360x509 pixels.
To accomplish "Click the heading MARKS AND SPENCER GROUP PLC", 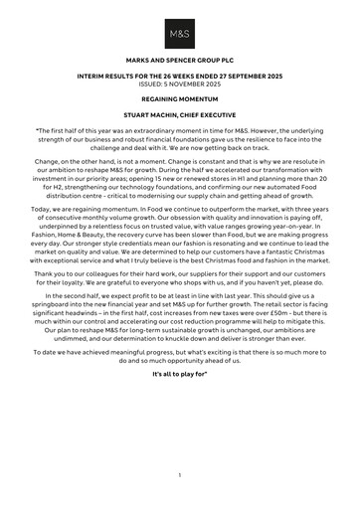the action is (180, 62).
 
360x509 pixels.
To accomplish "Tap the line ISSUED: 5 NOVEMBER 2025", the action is (180, 84).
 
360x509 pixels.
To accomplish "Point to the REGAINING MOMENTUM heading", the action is (180, 99).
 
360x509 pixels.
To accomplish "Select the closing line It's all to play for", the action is (180, 384).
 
